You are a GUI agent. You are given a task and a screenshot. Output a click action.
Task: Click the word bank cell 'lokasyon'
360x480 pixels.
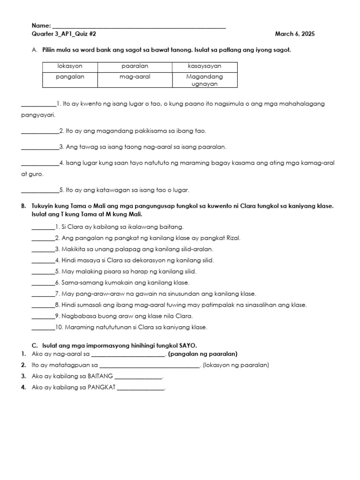click(70, 67)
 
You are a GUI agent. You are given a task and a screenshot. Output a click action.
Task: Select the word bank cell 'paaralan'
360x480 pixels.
click(135, 67)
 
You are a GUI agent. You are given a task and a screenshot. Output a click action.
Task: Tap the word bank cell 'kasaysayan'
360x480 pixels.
click(204, 67)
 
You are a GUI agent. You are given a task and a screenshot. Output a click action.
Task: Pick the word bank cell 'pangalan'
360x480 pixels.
click(70, 76)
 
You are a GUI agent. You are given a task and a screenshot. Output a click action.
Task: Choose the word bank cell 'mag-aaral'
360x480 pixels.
click(135, 76)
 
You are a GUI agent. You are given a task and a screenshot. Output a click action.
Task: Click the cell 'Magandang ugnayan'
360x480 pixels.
click(204, 80)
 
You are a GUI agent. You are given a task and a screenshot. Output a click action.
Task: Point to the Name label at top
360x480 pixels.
click(40, 25)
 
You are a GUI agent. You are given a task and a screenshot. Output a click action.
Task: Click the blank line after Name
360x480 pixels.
click(139, 27)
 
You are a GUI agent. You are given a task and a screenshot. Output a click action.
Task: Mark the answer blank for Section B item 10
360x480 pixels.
click(43, 328)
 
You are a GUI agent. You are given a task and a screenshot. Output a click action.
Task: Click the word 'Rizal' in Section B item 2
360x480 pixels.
click(232, 238)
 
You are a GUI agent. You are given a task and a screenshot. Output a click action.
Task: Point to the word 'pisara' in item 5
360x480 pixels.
click(103, 271)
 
